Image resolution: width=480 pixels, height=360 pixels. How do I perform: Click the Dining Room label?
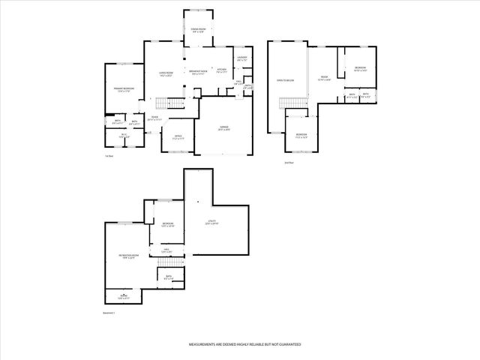pyautogui.click(x=198, y=31)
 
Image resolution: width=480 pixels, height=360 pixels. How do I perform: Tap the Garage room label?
pyautogui.click(x=224, y=128)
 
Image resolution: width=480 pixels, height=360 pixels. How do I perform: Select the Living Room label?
pyautogui.click(x=166, y=74)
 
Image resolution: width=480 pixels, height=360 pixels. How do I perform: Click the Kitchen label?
pyautogui.click(x=221, y=72)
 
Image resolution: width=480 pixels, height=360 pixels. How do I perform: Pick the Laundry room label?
pyautogui.click(x=241, y=59)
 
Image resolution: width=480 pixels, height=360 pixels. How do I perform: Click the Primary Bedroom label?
pyautogui.click(x=124, y=90)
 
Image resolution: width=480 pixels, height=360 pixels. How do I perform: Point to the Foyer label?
pyautogui.click(x=154, y=118)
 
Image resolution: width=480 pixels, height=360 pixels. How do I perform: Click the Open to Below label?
pyautogui.click(x=285, y=80)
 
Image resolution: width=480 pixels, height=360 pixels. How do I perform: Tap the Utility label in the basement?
pyautogui.click(x=212, y=222)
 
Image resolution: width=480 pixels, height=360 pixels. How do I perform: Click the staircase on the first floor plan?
pyautogui.click(x=174, y=103)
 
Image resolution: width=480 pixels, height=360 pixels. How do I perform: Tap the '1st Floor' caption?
pyautogui.click(x=109, y=156)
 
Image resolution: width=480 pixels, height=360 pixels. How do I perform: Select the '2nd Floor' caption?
pyautogui.click(x=289, y=162)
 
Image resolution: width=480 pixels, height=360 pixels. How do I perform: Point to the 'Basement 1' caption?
pyautogui.click(x=108, y=313)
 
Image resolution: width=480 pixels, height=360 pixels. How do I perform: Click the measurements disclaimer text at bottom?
pyautogui.click(x=244, y=344)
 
